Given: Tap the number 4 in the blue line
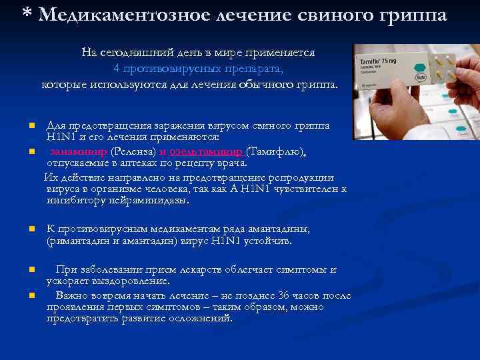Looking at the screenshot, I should coord(116,68).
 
